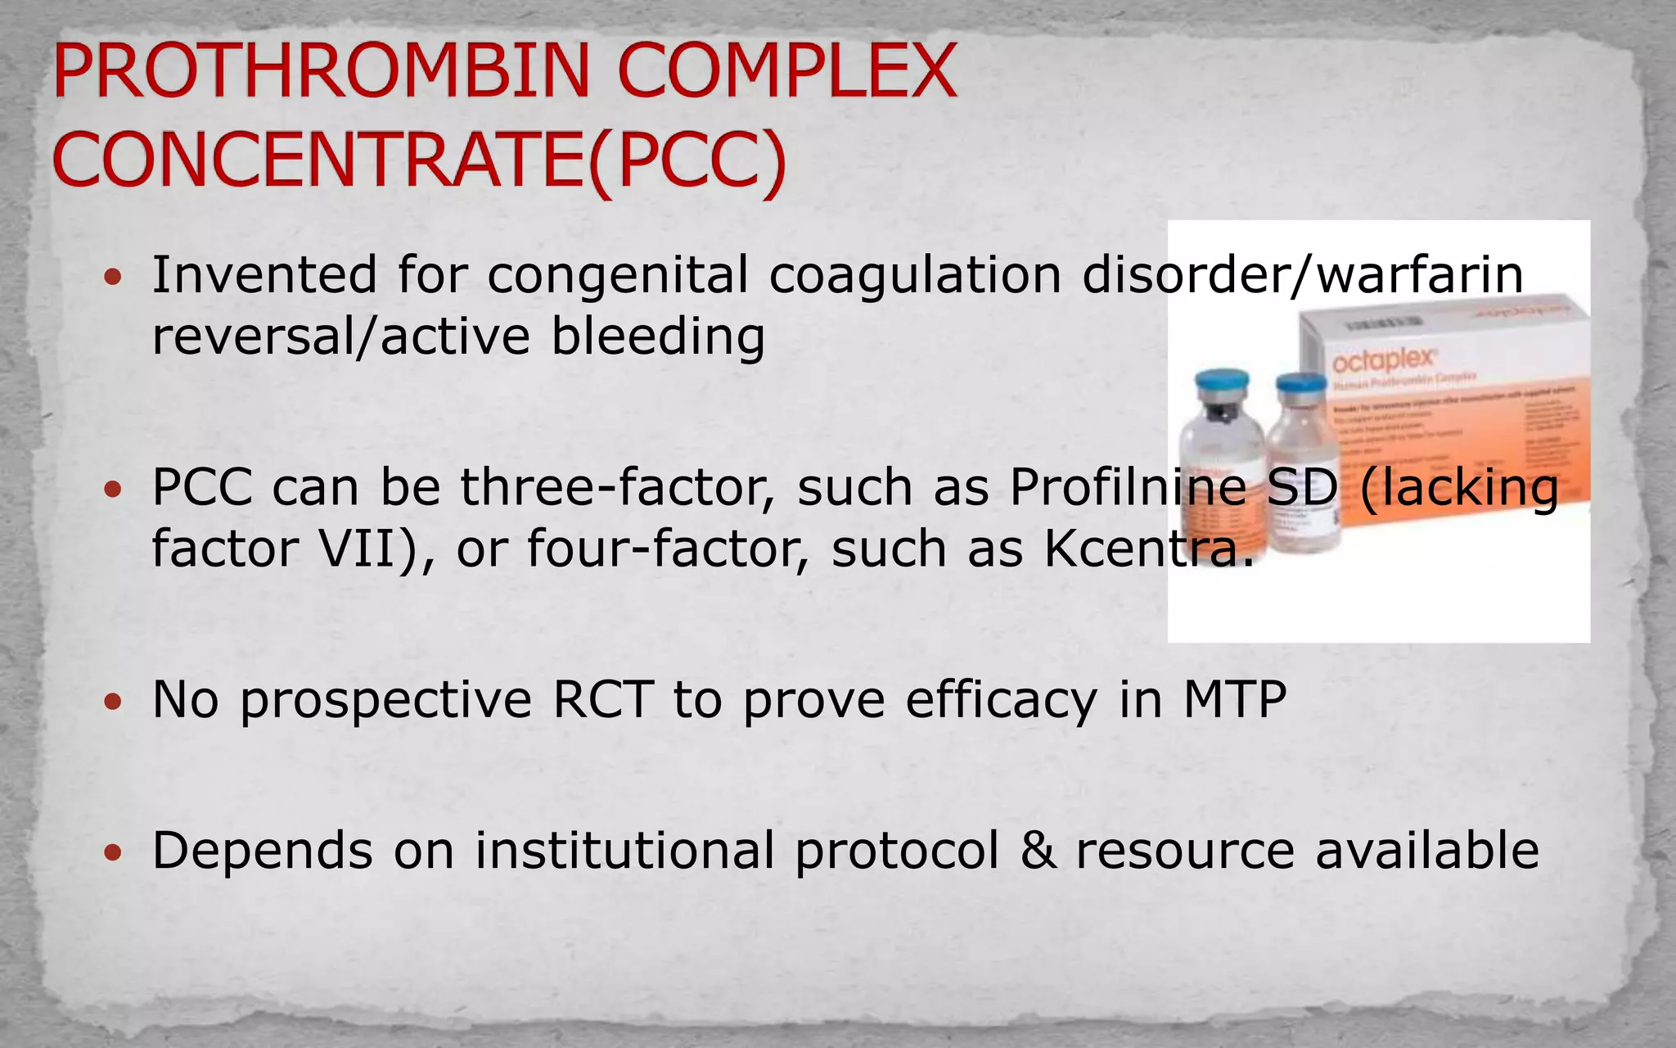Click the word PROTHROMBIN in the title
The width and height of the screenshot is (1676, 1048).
pos(321,71)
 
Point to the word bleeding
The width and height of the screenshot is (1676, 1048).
pos(658,337)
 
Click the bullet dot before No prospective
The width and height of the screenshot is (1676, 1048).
pos(113,702)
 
